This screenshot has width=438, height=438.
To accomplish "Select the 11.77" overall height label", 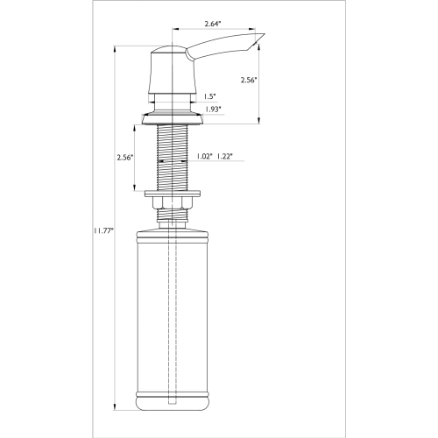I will pyautogui.click(x=102, y=231).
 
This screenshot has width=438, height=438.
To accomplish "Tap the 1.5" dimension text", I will pyautogui.click(x=210, y=96).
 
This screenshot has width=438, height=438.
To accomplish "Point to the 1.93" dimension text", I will pyautogui.click(x=212, y=109).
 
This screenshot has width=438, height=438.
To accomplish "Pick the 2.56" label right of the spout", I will pyautogui.click(x=251, y=80).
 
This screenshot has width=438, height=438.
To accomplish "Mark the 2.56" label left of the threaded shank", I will pyautogui.click(x=124, y=158).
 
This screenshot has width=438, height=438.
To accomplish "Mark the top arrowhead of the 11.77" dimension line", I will pyautogui.click(x=116, y=47).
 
